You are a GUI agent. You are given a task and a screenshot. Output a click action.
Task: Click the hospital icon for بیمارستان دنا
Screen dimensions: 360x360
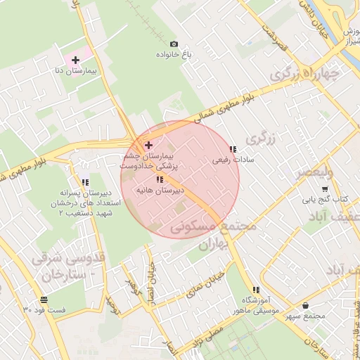(75, 60)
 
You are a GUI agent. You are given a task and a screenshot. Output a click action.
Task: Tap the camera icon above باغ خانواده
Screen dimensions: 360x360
(174, 44)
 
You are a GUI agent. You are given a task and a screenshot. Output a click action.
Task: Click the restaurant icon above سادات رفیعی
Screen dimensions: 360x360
(233, 149)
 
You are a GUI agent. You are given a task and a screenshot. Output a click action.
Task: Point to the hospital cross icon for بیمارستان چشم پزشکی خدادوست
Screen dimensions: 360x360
(148, 145)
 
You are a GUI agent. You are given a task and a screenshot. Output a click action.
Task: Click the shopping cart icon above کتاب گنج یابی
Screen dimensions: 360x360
(324, 188)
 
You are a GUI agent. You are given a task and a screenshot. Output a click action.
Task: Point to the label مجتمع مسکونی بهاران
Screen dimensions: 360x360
(211, 233)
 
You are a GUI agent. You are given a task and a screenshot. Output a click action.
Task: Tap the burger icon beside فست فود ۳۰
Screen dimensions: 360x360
(27, 309)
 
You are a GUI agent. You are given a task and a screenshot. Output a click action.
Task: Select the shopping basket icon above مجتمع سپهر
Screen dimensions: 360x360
(305, 305)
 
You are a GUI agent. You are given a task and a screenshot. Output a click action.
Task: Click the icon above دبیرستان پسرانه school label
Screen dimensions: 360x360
(86, 183)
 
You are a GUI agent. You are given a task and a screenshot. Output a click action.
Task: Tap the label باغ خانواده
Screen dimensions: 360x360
(174, 54)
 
